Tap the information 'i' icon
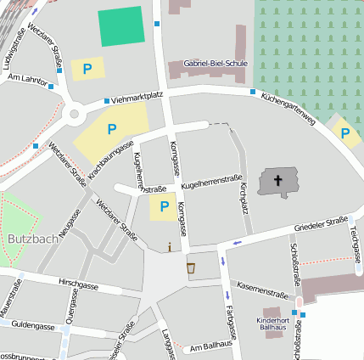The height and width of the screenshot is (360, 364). coord(170,247)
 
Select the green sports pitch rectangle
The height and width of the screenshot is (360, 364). coord(121,27)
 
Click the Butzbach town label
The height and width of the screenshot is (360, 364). coord(32,239)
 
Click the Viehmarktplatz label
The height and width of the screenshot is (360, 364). coord(137,98)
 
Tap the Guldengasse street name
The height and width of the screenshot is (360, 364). coord(33,324)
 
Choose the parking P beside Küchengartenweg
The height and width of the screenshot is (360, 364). coord(344,132)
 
